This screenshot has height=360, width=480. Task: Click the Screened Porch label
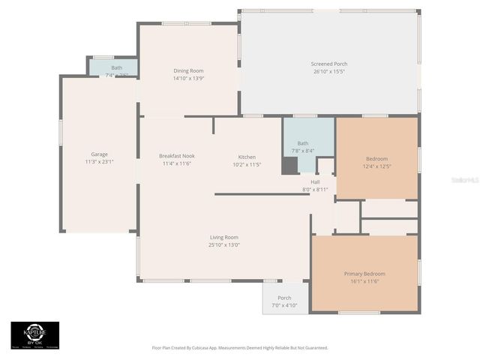pyautogui.click(x=329, y=64)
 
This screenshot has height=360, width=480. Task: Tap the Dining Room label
pyautogui.click(x=188, y=70)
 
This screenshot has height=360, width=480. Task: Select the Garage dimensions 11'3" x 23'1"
pyautogui.click(x=98, y=161)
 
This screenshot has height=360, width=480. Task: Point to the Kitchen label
pyautogui.click(x=247, y=156)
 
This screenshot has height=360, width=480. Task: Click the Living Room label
pyautogui.click(x=224, y=238)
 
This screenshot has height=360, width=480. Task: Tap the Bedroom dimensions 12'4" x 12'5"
pyautogui.click(x=376, y=166)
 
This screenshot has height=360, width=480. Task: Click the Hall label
pyautogui.click(x=315, y=181)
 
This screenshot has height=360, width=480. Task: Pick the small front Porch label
pyautogui.click(x=284, y=298)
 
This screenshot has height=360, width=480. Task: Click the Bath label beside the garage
pyautogui.click(x=117, y=67)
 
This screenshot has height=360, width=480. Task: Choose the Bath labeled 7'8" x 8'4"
pyautogui.click(x=303, y=150)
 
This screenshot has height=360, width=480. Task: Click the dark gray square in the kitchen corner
pyautogui.click(x=289, y=166)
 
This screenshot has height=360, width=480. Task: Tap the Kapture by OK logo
pyautogui.click(x=34, y=334)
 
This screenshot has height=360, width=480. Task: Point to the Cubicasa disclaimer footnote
pyautogui.click(x=240, y=348)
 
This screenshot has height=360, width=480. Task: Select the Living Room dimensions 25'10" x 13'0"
pyautogui.click(x=224, y=245)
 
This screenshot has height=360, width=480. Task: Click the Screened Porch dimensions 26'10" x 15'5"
pyautogui.click(x=329, y=71)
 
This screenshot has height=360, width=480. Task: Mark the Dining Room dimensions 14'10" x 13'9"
pyautogui.click(x=188, y=78)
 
